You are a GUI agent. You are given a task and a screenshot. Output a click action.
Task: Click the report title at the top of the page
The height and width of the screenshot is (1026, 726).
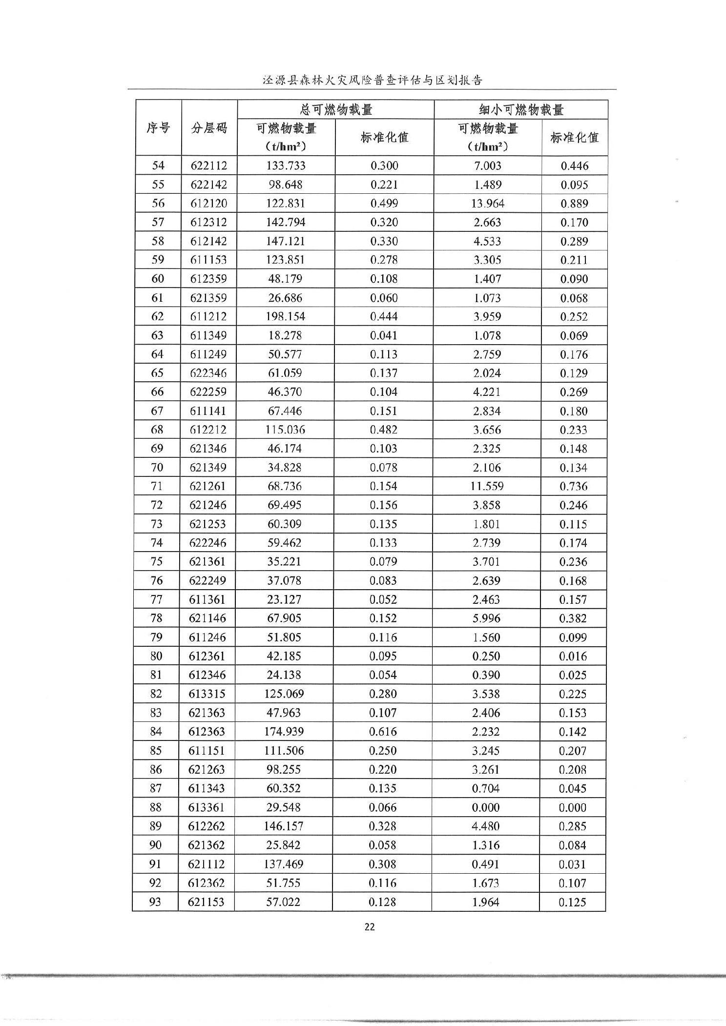click(373, 80)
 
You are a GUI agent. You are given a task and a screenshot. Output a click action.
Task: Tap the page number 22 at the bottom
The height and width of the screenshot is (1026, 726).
click(370, 927)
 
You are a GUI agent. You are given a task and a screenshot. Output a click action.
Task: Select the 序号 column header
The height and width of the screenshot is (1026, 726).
click(158, 128)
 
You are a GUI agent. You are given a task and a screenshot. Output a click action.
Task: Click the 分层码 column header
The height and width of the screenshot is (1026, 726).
click(209, 128)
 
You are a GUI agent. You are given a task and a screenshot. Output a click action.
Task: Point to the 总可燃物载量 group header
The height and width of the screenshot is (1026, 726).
click(336, 109)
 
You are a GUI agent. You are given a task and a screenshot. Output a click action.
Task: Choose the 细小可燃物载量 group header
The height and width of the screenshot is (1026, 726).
click(521, 109)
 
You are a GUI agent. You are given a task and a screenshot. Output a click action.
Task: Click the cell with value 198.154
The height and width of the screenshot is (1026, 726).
click(286, 316)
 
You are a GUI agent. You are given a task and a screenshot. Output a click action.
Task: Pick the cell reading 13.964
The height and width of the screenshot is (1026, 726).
click(488, 203)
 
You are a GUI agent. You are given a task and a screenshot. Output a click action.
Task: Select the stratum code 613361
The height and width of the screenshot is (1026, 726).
click(207, 807)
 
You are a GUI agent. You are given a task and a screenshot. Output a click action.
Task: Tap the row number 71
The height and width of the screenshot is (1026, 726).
click(157, 486)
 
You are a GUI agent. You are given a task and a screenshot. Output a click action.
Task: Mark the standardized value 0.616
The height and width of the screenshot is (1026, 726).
click(383, 731)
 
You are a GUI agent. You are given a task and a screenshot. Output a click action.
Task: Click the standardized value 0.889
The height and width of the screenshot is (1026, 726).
click(574, 203)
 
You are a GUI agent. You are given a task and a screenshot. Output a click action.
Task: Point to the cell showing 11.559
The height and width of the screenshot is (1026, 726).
click(487, 486)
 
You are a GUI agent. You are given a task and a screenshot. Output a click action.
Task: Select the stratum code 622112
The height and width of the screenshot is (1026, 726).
click(209, 165)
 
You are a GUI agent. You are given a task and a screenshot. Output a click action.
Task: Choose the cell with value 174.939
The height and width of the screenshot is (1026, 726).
click(285, 731)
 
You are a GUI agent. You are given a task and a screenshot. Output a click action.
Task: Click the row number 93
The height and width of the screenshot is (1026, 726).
click(155, 902)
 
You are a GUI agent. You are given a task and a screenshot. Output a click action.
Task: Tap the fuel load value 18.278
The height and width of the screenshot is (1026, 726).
click(285, 335)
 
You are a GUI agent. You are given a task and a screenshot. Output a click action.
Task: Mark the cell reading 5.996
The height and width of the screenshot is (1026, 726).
click(487, 618)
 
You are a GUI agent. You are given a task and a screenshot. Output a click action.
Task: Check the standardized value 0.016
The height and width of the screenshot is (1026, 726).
click(573, 656)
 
